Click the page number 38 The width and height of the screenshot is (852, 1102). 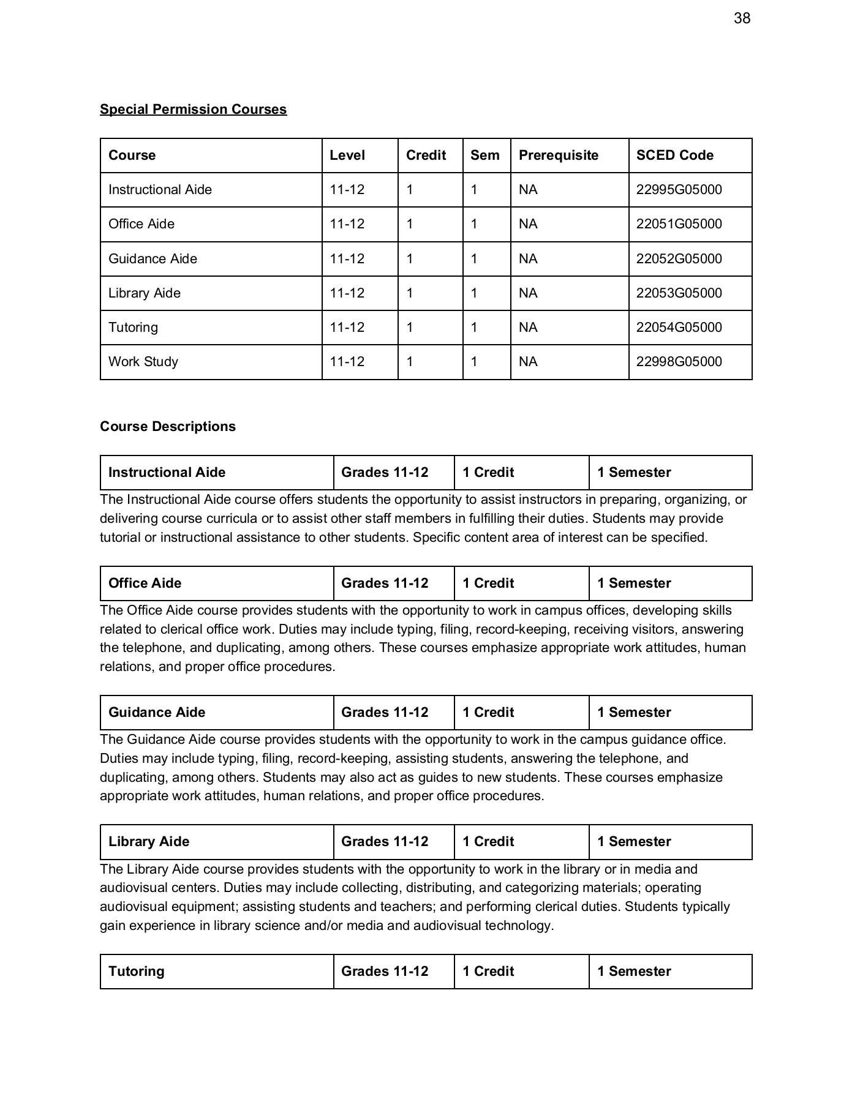point(741,18)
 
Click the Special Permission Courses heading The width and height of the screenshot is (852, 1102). point(193,109)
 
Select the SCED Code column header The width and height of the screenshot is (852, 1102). point(674,155)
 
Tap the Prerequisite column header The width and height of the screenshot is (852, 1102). point(558,155)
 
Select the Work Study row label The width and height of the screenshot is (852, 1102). point(143,362)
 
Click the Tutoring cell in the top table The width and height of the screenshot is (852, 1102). point(133,328)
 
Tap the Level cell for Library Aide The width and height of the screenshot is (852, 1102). point(347,293)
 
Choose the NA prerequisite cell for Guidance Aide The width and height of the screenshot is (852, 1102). point(527,259)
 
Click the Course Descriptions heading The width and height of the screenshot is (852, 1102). point(167,426)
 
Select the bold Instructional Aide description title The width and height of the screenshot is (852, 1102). point(167,472)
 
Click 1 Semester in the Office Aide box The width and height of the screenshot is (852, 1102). point(634,583)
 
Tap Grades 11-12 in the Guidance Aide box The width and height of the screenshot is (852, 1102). point(385,712)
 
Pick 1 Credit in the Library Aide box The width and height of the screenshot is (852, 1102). point(488,841)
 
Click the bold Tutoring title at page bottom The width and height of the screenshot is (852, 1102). point(136,971)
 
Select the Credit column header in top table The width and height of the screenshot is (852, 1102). point(426,155)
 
